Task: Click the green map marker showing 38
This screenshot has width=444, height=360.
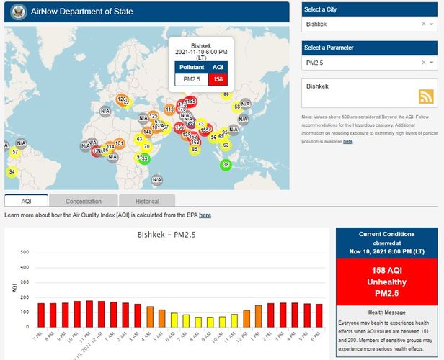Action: tap(226, 165)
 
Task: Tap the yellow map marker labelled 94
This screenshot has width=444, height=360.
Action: tap(12, 171)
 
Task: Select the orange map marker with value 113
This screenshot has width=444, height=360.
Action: tap(169, 109)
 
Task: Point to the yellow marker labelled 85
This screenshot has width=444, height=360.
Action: tap(194, 149)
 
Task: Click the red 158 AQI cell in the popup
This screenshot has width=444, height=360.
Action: tap(218, 78)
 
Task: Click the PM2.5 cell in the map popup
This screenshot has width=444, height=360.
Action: tap(191, 78)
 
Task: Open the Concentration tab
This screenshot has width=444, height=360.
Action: tap(84, 201)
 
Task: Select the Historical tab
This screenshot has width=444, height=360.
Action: tap(147, 201)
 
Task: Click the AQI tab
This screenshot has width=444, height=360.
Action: tap(26, 201)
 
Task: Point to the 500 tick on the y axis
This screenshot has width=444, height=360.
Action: tap(24, 252)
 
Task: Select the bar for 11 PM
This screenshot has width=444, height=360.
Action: tap(89, 314)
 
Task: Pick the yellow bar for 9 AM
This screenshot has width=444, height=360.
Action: tap(210, 321)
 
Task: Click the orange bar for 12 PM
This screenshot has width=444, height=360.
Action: tap(247, 318)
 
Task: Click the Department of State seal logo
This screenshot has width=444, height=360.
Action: tap(17, 12)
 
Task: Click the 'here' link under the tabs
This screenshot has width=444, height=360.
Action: tap(205, 215)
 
